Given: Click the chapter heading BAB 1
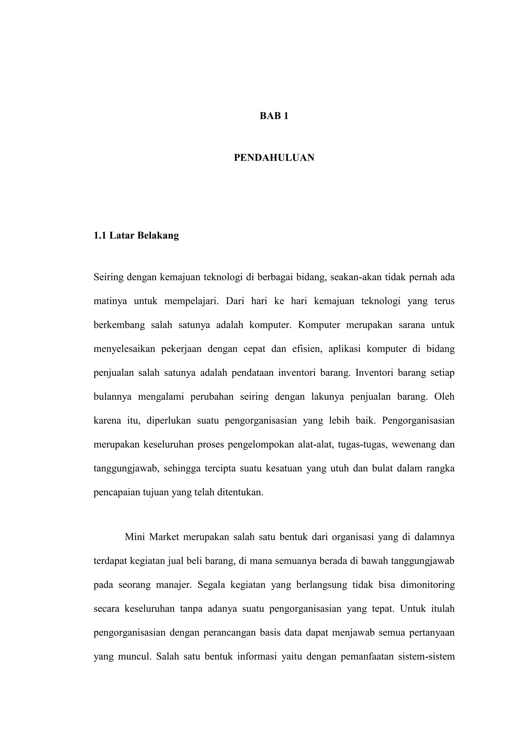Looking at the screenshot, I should pos(274,116).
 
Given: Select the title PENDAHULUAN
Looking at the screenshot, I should pos(274,158).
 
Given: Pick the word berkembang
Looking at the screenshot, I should pos(119,325).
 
